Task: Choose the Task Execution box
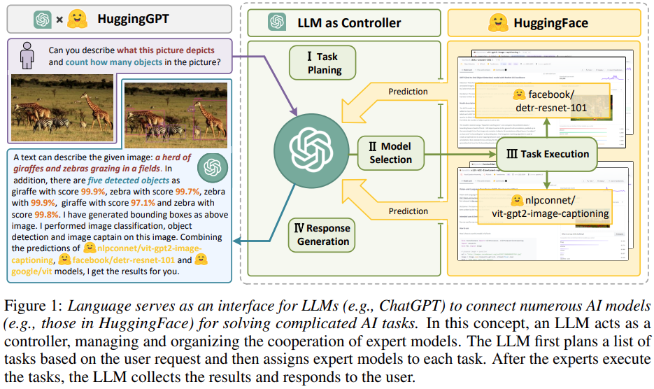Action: [546, 154]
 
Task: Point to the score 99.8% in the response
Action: [47, 214]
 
